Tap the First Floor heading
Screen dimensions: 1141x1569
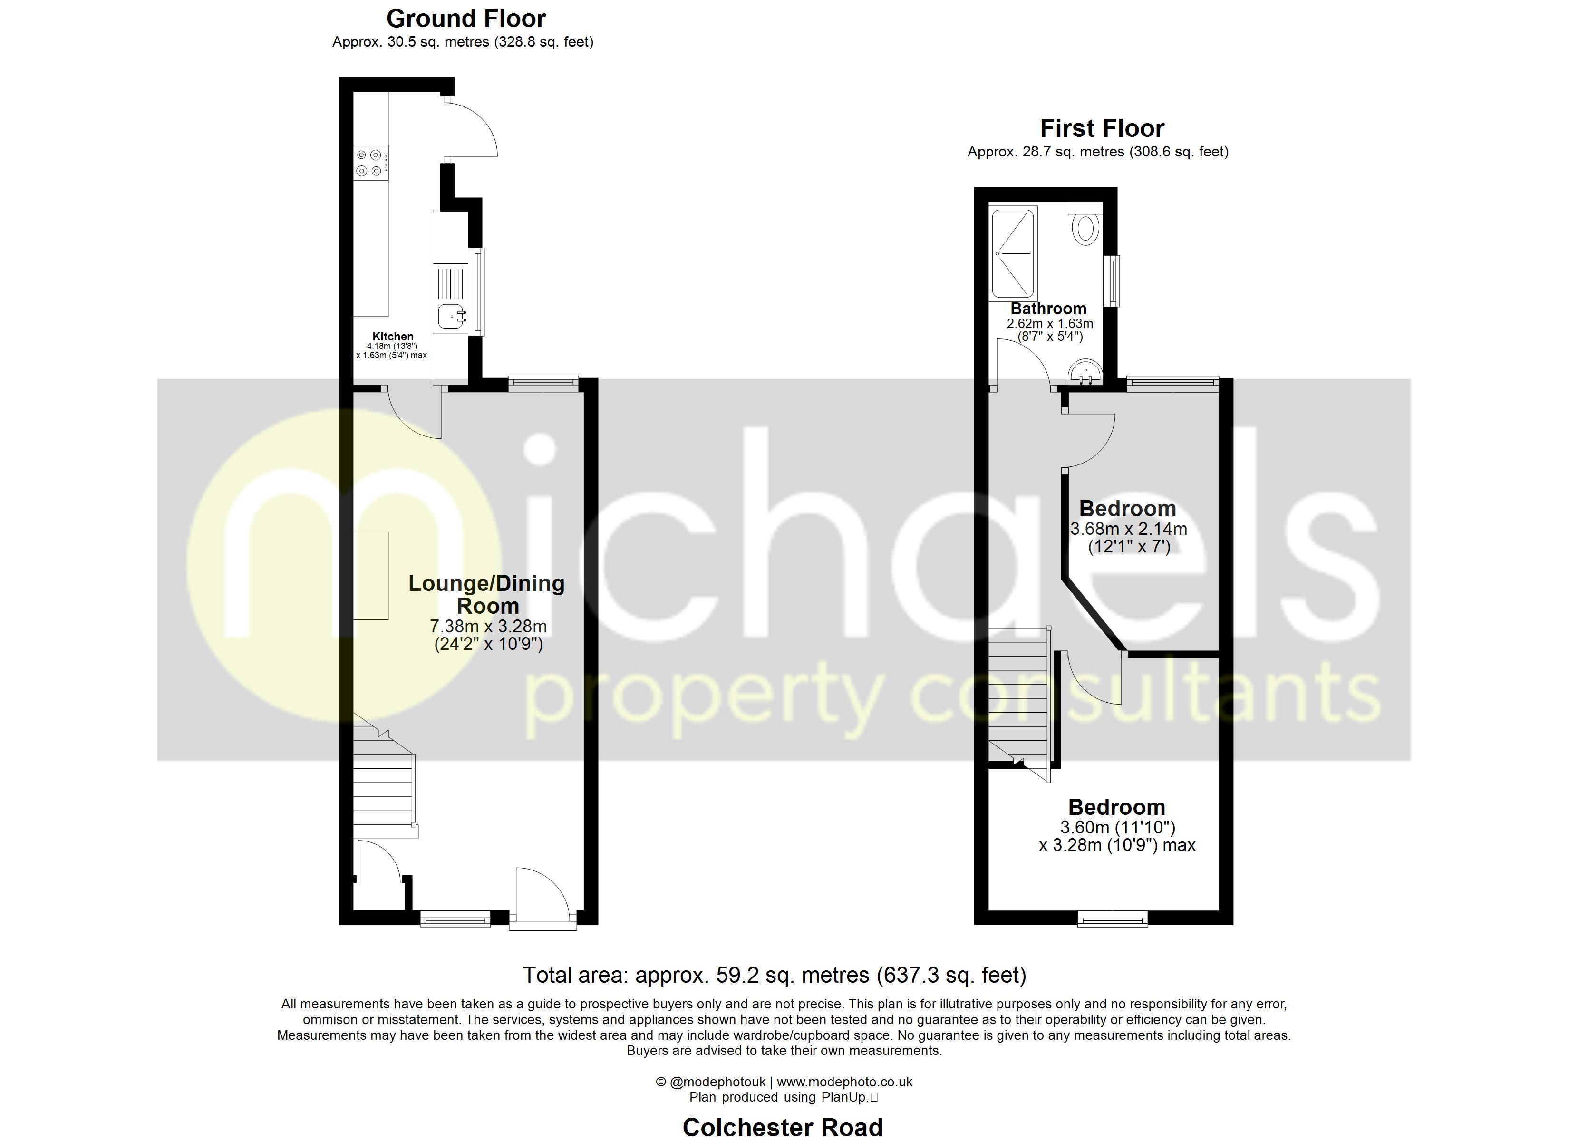[1102, 129]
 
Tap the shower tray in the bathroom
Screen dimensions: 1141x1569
[1014, 254]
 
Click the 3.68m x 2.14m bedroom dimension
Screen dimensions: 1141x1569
[1128, 529]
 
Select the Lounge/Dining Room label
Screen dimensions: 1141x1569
[486, 594]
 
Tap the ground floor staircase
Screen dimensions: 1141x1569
[384, 782]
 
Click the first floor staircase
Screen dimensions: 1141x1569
[1018, 699]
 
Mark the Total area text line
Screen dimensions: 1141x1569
[774, 975]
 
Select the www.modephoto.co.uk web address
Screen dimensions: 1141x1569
[845, 1082]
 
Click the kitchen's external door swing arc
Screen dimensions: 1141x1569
[477, 128]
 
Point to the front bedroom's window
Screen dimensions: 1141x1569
[1113, 919]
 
